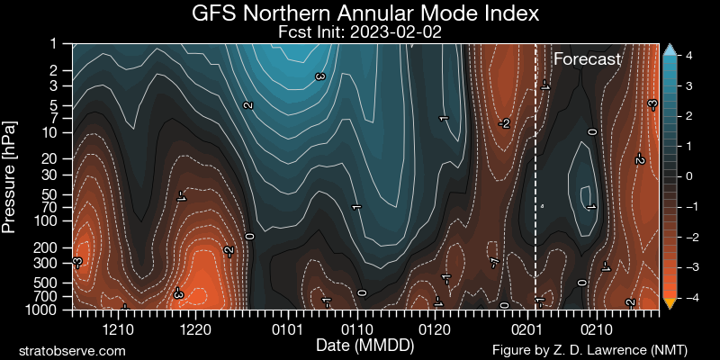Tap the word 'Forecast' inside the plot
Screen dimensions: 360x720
[x=587, y=59]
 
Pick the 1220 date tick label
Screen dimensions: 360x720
[x=195, y=329]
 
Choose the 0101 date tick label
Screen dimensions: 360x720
[x=286, y=329]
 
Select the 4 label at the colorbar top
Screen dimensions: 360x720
[x=687, y=55]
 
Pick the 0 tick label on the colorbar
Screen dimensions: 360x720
[x=687, y=176]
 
